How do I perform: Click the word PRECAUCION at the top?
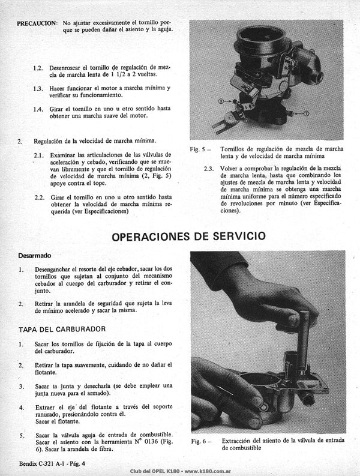point(37,23)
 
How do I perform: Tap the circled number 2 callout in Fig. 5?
point(221,101)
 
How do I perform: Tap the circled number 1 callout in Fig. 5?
point(306,113)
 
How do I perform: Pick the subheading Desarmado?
point(35,256)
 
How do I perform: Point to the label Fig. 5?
point(198,149)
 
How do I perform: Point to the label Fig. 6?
point(199,441)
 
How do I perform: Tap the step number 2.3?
point(209,169)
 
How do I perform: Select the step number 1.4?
point(38,109)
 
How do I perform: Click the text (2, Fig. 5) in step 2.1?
point(157,176)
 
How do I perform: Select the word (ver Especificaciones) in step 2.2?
point(100,211)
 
